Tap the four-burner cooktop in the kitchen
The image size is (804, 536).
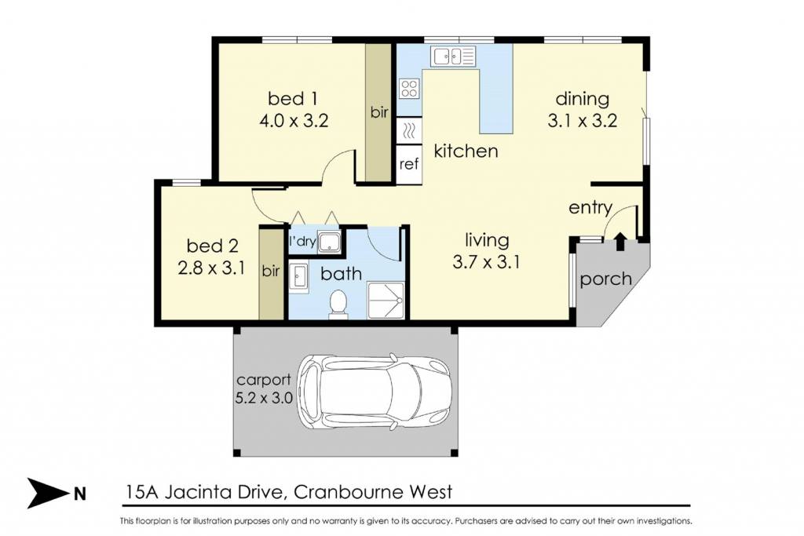[409, 88]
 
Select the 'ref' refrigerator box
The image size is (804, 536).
[409, 164]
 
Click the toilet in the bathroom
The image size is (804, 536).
[338, 304]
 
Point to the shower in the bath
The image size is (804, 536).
[385, 301]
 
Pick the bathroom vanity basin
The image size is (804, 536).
[298, 278]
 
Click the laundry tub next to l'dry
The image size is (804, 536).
[329, 242]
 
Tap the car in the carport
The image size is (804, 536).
[375, 392]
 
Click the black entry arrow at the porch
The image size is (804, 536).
[620, 241]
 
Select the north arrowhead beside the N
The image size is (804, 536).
[48, 493]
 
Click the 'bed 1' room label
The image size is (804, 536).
[292, 98]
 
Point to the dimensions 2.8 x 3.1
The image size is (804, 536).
[211, 268]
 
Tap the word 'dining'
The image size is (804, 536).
[583, 99]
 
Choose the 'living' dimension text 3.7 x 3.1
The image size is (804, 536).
[486, 262]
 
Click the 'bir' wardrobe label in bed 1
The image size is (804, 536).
[379, 112]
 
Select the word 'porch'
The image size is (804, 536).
[605, 280]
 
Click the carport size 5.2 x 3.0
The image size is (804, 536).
[264, 398]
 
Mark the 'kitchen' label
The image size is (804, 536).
[466, 151]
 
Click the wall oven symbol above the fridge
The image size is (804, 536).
[409, 131]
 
